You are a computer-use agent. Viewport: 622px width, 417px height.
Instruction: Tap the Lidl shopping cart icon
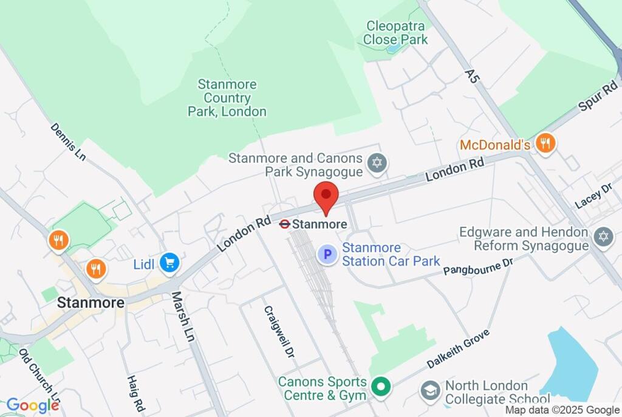169,263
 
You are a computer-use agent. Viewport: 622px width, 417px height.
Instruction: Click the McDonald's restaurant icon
546,144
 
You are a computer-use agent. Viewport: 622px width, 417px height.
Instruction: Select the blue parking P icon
328,254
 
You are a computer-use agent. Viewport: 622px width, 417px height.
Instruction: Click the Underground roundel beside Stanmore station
284,224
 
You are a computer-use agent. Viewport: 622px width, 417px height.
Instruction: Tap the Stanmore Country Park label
227,98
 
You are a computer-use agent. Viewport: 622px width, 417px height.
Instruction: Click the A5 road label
473,76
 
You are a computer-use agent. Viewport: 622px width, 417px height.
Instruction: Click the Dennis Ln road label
68,142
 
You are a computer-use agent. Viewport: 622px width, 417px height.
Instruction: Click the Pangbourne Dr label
478,266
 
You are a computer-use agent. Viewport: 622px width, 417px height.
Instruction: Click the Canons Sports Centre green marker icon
381,385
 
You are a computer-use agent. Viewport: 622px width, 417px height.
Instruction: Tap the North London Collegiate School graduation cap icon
431,390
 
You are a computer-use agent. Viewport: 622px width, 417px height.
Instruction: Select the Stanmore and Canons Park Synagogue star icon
378,162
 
